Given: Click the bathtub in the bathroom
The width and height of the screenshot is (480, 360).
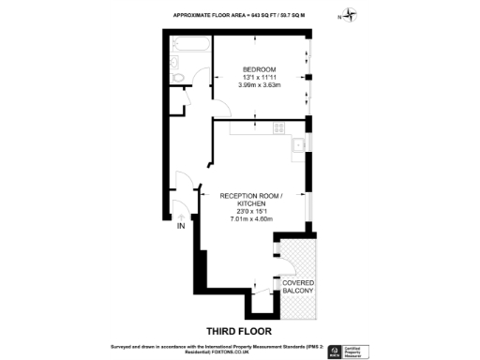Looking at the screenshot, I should click(191, 45).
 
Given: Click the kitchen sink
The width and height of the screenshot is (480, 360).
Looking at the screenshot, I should click(297, 144).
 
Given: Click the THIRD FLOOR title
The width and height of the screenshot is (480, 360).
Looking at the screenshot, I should click(239, 330).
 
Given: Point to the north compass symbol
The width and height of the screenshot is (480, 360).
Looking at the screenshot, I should click(350, 15).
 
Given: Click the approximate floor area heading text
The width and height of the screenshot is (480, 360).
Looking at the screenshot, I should click(239, 16).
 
